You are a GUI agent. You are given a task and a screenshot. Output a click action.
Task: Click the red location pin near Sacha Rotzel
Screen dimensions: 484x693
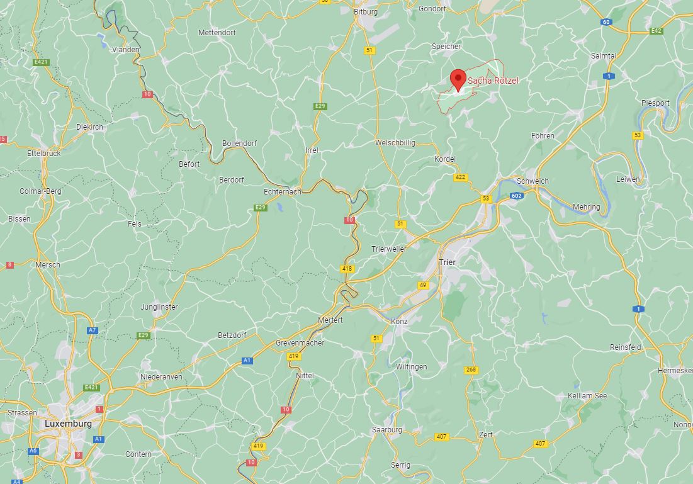458,79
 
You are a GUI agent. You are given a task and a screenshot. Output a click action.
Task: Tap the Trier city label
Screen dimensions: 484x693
448,262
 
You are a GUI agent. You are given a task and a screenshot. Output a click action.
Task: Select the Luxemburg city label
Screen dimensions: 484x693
68,424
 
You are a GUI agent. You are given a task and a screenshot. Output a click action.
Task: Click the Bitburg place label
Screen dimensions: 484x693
366,12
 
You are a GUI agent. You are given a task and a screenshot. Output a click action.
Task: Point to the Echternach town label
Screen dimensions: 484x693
283,191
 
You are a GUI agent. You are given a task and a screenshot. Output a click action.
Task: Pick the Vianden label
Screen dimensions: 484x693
126,49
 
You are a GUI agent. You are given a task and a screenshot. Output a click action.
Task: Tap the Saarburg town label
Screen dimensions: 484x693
387,430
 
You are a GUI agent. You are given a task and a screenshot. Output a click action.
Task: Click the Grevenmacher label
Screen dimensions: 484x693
300,343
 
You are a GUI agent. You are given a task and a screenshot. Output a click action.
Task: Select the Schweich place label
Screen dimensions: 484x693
532,181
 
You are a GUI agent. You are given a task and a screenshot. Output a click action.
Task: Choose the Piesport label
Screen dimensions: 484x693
655,103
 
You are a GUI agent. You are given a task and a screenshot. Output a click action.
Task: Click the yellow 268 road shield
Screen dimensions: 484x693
471,369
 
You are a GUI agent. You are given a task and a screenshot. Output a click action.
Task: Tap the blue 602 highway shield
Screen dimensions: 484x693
517,196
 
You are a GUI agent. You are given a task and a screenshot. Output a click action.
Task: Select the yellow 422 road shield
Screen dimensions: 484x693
461,177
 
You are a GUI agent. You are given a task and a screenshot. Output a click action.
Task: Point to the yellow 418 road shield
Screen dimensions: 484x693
347,269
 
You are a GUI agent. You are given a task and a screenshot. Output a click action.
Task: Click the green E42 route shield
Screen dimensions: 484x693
656,30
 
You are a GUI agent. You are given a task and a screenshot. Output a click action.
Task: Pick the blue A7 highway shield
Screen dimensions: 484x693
93,330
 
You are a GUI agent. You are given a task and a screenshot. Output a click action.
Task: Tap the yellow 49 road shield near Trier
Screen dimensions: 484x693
423,285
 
